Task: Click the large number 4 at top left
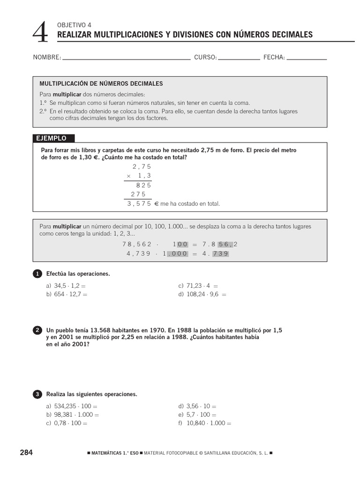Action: coord(41,32)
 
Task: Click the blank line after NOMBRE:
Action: coord(126,59)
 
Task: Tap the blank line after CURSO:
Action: coord(239,59)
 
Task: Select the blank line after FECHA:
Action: coord(307,59)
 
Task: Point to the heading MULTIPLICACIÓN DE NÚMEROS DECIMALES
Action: coord(101,83)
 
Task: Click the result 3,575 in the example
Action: coord(139,204)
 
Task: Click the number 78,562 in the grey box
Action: coord(137,244)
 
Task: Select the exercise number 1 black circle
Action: coord(37,274)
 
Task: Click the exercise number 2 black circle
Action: coord(37,330)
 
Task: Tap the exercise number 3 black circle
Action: coord(37,395)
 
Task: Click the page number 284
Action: coord(26,452)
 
